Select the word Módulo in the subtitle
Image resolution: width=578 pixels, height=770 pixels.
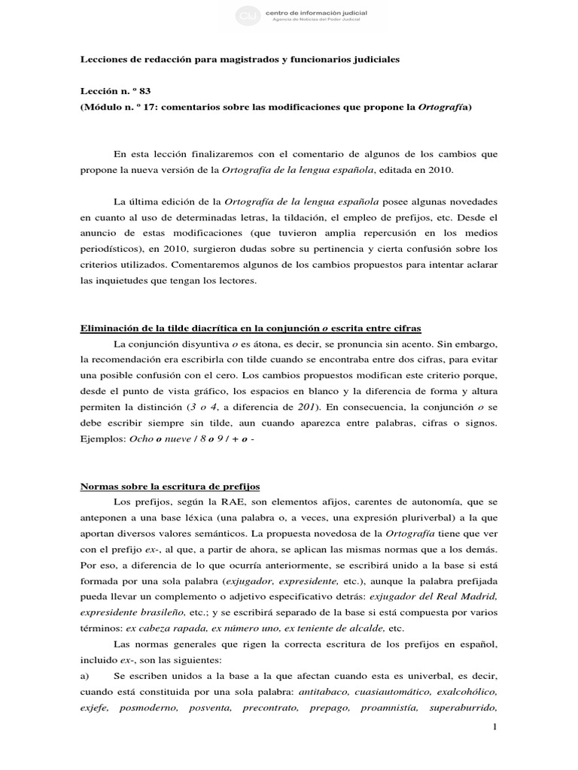coord(103,107)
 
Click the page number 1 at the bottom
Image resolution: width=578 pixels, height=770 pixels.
coord(494,727)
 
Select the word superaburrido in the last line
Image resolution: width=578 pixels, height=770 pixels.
coord(464,707)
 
